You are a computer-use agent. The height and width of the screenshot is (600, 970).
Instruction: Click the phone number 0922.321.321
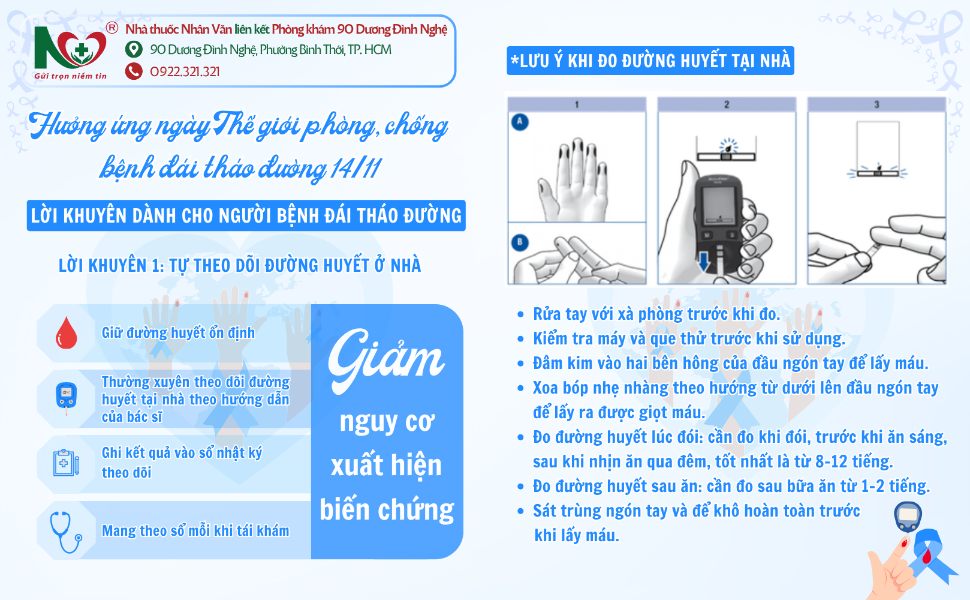(x=185, y=71)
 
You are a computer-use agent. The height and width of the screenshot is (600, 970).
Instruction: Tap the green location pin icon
(x=134, y=49)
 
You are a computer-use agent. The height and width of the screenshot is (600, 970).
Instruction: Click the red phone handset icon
(x=134, y=71)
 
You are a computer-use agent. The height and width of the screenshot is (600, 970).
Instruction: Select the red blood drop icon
(x=67, y=333)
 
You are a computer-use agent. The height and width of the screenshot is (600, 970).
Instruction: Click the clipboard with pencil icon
(x=67, y=463)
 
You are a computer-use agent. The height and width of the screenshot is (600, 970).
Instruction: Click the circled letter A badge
(x=520, y=122)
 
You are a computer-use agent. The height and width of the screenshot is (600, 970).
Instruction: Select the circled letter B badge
(x=520, y=242)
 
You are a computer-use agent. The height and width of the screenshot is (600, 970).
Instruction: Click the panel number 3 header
(x=876, y=104)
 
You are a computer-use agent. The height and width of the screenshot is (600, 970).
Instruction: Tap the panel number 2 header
(x=727, y=104)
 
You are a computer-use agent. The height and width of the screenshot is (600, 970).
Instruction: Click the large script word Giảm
(x=385, y=360)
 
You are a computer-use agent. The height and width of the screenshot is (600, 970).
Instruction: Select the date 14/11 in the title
(x=356, y=168)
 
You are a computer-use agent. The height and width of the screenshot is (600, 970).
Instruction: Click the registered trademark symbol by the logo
(x=112, y=28)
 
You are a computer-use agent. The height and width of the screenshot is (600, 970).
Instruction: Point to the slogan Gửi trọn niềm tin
(x=70, y=76)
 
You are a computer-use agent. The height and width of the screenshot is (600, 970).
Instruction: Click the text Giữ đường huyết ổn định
(x=178, y=332)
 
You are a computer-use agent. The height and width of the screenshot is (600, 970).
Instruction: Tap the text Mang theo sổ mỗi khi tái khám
(x=195, y=530)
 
